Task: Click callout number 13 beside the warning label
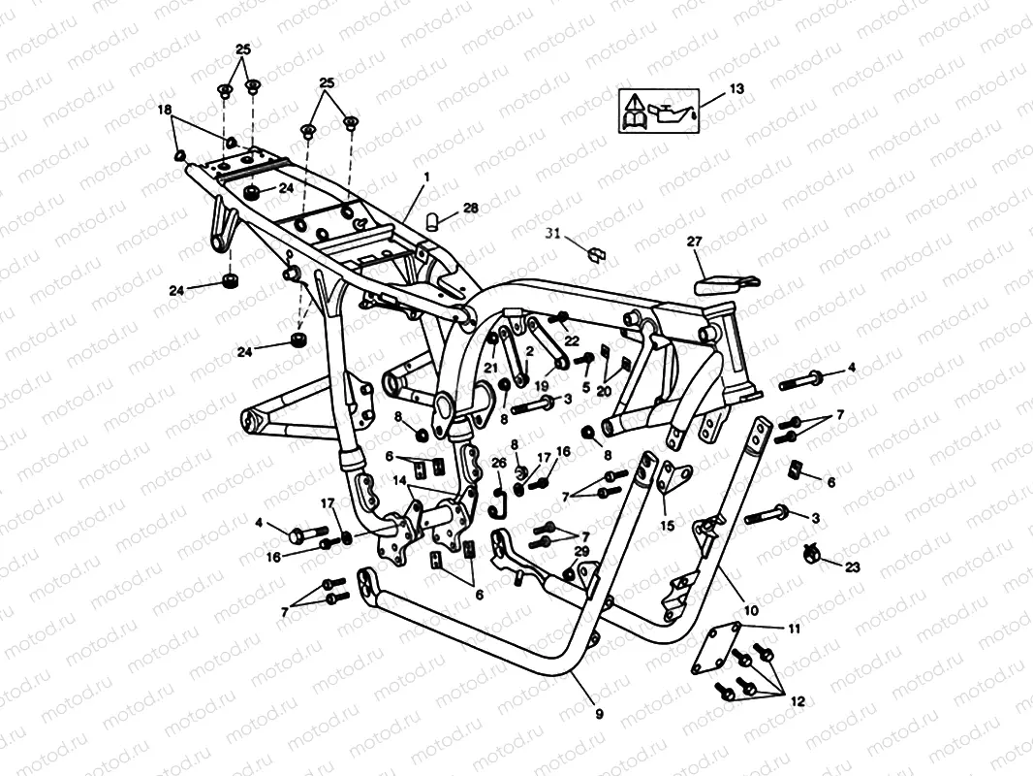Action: [736, 89]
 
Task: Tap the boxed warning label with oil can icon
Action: [658, 110]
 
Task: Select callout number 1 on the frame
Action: [423, 178]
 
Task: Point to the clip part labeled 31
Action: [596, 253]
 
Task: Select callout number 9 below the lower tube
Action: [598, 714]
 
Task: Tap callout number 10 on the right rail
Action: [751, 611]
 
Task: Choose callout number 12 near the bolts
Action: [797, 699]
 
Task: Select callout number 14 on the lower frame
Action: [399, 479]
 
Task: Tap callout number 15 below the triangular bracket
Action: [667, 525]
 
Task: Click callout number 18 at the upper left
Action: [165, 110]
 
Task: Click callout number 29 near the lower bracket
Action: [581, 551]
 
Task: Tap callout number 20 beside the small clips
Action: [604, 389]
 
